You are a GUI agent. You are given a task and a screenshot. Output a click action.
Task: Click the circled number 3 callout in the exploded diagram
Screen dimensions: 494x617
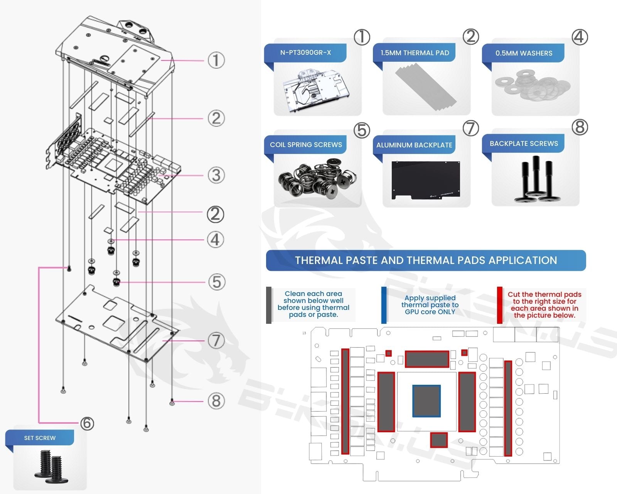216,175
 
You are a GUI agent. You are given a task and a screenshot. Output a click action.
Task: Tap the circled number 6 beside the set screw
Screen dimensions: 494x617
87,423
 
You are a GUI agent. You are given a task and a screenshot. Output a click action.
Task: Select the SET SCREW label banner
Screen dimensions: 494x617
40,438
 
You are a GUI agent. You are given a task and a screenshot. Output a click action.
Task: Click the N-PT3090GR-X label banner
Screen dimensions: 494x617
305,52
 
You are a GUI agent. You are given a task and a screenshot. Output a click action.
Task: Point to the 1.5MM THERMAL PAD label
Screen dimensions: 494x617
415,53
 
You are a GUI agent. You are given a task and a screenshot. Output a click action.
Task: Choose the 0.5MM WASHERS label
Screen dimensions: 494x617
524,53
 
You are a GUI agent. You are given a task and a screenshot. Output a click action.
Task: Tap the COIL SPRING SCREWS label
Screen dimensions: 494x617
306,145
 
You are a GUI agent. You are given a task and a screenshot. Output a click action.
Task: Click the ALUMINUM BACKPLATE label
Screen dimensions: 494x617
414,145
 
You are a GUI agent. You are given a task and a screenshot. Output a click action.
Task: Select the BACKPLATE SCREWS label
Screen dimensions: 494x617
524,144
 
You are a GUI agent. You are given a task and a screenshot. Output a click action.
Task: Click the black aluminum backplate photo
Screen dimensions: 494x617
426,179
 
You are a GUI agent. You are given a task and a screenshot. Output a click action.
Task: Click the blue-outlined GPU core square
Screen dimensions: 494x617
426,401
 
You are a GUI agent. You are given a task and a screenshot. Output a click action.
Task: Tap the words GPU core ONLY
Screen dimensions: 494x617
430,312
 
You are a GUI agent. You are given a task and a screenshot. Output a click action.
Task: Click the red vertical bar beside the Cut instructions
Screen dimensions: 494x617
499,305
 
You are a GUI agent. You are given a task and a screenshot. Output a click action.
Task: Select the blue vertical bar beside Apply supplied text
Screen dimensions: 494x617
384,305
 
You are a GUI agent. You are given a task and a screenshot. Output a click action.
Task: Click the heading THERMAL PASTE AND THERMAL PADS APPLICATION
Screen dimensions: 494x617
426,261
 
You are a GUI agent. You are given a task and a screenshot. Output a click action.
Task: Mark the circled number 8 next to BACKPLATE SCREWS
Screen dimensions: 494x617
580,127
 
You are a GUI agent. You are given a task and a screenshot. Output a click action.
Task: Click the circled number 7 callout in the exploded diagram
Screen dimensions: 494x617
216,340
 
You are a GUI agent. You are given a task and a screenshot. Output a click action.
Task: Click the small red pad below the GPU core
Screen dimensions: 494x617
438,440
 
